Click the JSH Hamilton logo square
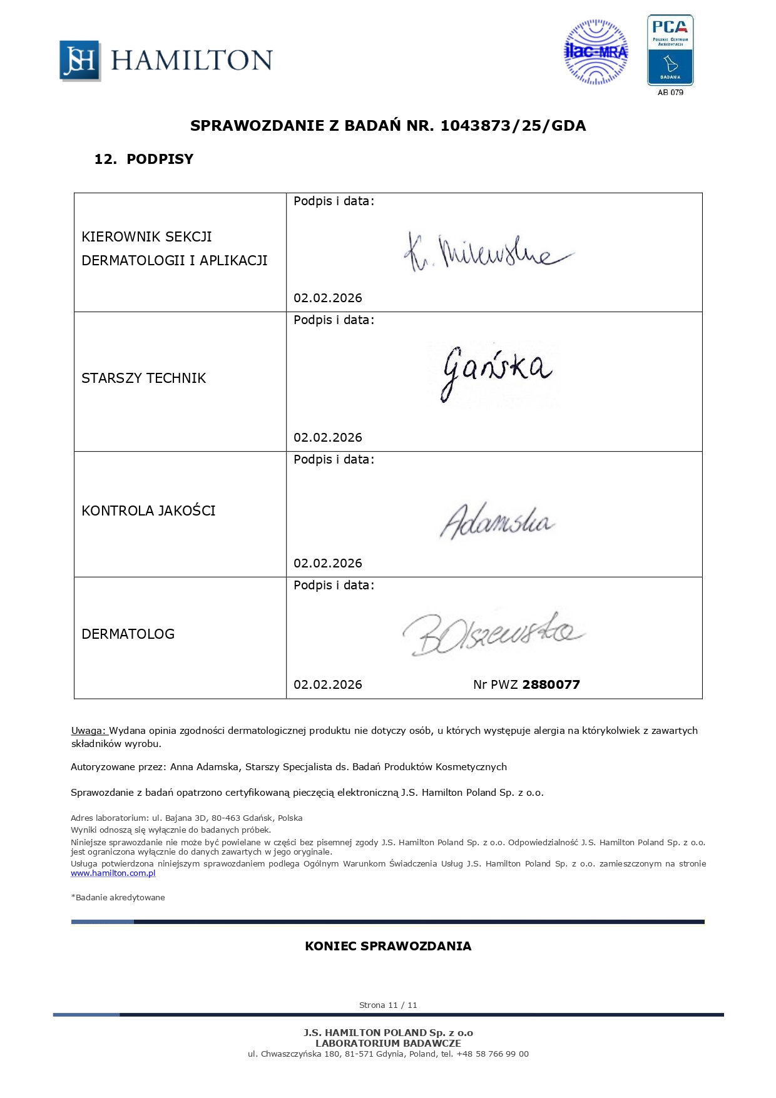coord(80,61)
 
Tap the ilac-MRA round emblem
coord(596,52)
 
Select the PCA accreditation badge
coord(670,50)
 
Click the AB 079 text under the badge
coord(670,93)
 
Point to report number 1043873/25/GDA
coord(513,126)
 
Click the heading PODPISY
coord(160,159)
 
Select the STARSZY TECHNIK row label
coord(144,379)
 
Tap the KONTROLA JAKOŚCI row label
coord(148,511)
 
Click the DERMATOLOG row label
coord(128,634)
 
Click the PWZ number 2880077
coord(551,685)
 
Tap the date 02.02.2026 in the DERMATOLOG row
coord(328,685)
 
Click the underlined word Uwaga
coord(89,731)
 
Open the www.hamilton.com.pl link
coord(113,873)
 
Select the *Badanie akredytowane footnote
coord(118,898)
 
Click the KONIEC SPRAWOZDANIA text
coord(388,947)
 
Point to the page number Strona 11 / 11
coord(388,1005)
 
